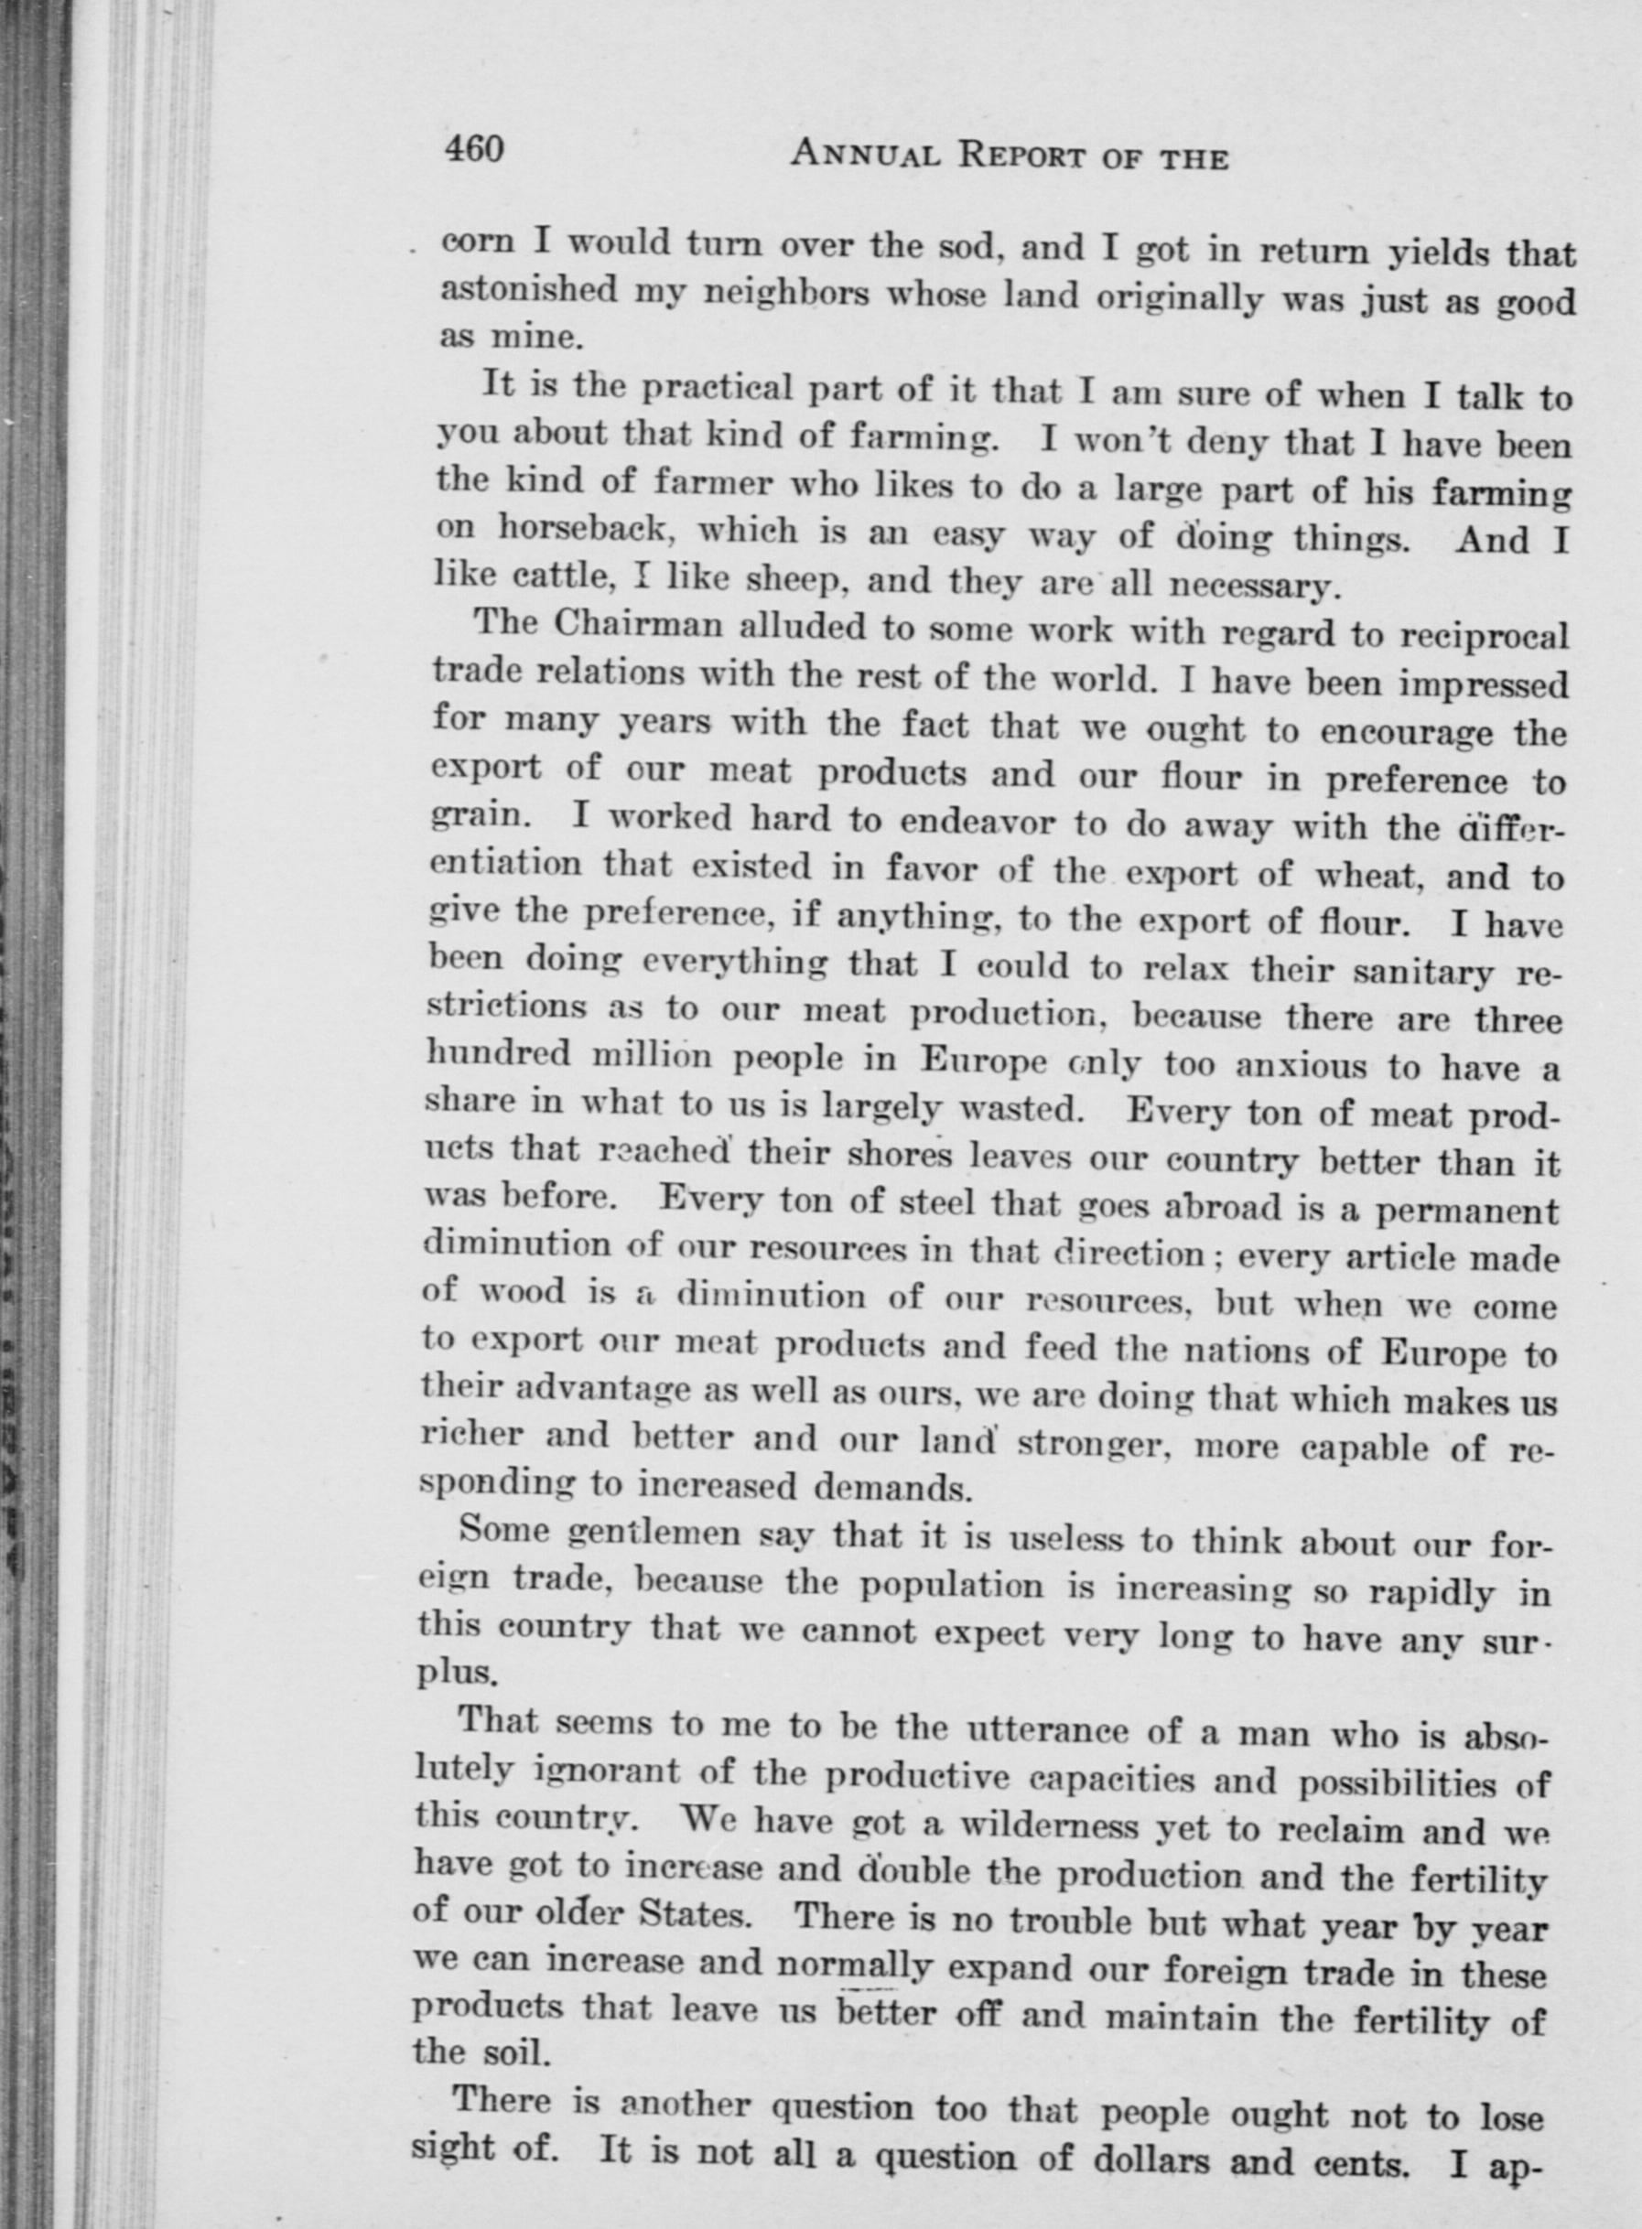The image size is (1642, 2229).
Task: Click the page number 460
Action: click(475, 150)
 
